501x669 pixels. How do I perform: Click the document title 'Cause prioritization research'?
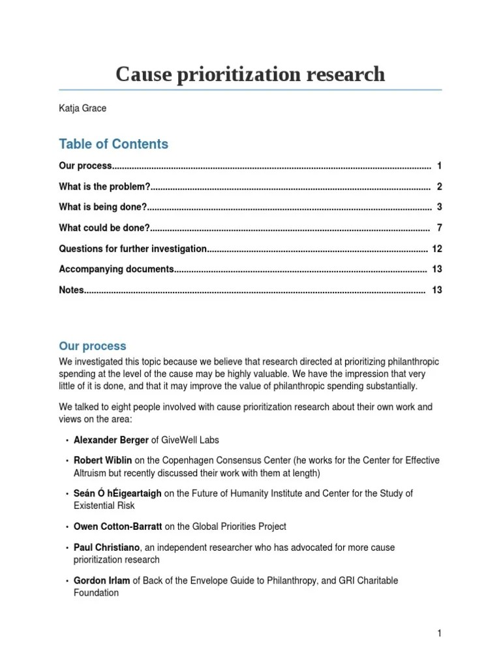coord(250,75)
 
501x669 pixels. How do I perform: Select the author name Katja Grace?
coord(82,108)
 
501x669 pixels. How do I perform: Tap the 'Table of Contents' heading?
coord(114,144)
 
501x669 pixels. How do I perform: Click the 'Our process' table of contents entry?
coord(85,166)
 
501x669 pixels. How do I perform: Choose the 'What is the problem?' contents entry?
coord(104,187)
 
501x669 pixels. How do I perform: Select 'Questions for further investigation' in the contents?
coord(132,249)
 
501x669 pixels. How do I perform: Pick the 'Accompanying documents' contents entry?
coord(116,269)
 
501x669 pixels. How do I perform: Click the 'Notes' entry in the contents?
coord(71,290)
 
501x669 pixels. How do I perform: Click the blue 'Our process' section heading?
coord(93,346)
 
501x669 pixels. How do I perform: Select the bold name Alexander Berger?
coord(112,440)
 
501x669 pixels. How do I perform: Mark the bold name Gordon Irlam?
coord(102,580)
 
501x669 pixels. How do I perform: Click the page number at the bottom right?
coord(440,633)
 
